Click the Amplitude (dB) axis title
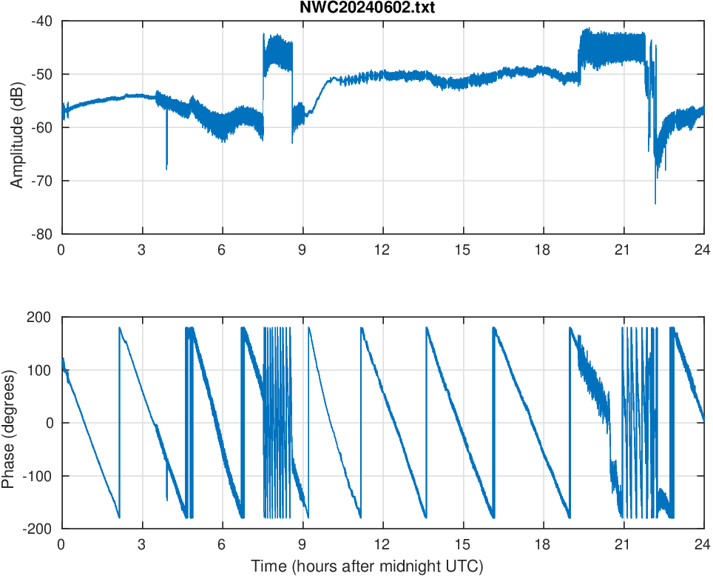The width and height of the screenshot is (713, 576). click(17, 127)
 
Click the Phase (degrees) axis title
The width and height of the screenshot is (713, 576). click(9, 423)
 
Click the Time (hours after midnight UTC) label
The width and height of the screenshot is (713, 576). click(367, 566)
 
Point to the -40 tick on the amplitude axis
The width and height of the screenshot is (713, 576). click(41, 21)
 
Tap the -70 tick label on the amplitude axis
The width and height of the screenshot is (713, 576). click(41, 181)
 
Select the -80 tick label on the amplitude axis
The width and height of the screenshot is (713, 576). click(41, 234)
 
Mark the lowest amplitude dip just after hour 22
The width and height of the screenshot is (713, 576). click(655, 203)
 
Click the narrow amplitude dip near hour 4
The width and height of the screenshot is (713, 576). click(166, 168)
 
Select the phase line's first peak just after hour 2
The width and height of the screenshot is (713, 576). click(120, 328)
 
